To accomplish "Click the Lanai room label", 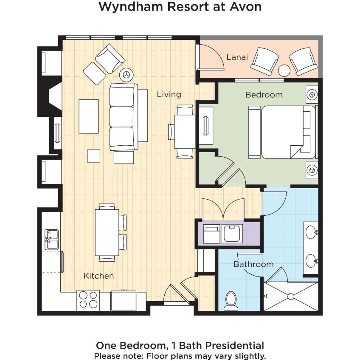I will tap(237, 57).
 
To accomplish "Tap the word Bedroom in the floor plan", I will tap(264, 94).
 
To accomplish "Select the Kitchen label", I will tap(98, 276).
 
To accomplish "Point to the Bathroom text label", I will tap(253, 264).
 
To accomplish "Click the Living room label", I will tap(169, 94).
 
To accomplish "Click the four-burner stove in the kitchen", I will tap(88, 300).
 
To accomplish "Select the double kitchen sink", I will tap(52, 239).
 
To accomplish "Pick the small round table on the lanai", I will tap(284, 69).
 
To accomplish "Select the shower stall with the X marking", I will tap(290, 296).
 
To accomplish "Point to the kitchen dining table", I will tap(107, 232).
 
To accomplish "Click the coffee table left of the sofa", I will tap(88, 116).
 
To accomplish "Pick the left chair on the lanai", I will tap(264, 61).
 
